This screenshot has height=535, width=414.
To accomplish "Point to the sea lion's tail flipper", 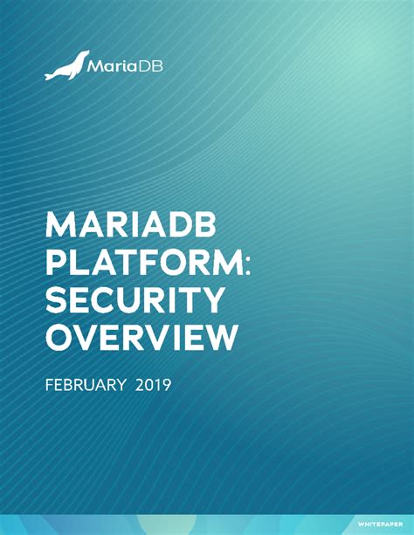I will click(49, 77).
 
